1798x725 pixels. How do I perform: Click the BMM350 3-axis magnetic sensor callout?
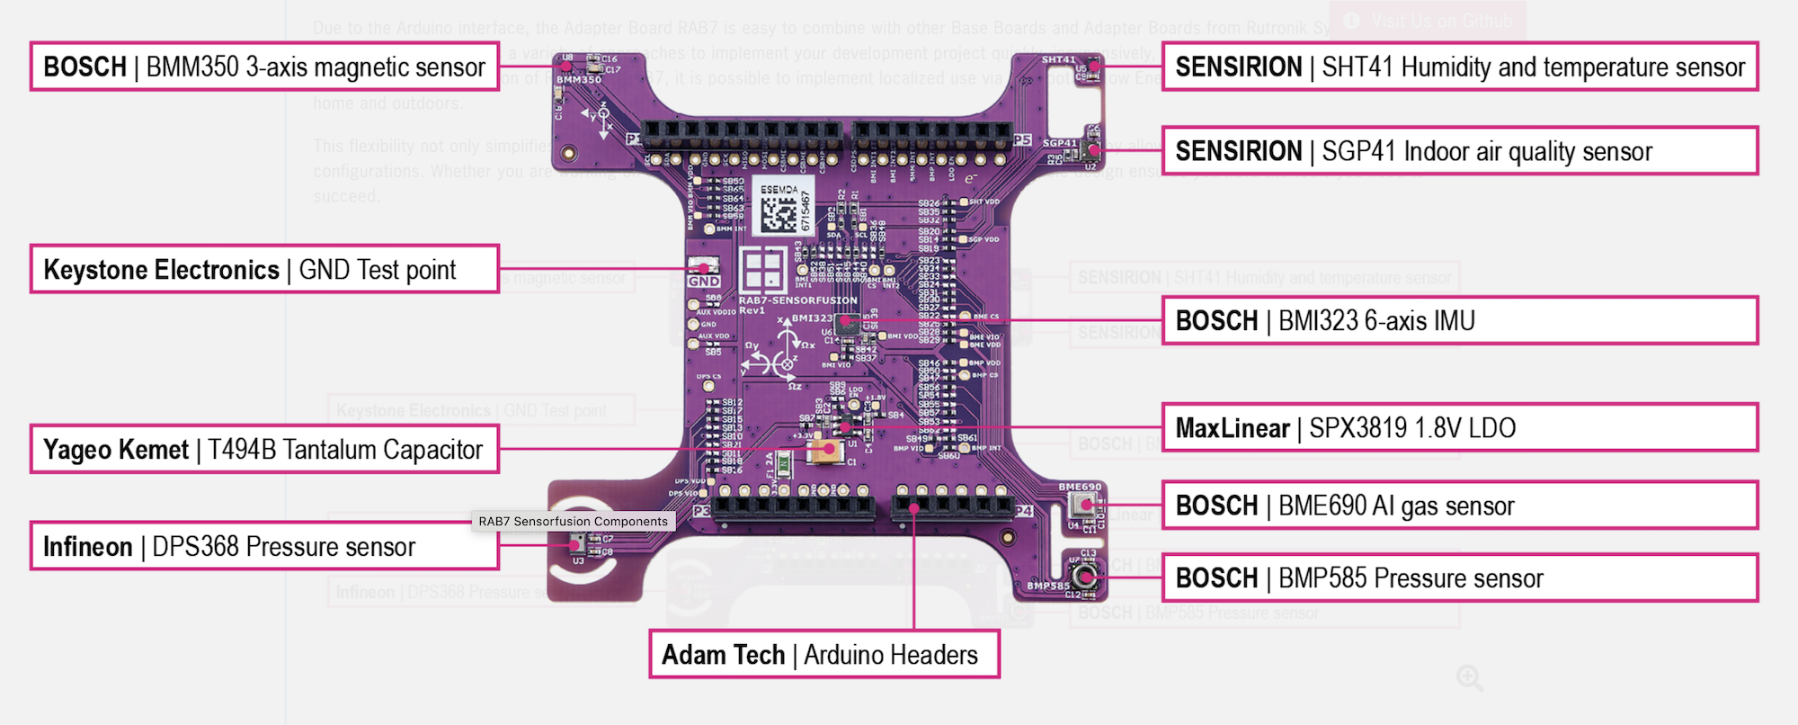click(264, 67)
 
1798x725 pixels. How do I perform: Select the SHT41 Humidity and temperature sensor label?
click(1459, 67)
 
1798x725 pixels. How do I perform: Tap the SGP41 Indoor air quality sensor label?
click(1459, 151)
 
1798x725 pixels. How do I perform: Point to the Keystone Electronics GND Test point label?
click(264, 269)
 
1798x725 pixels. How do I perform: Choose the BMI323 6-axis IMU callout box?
click(1459, 321)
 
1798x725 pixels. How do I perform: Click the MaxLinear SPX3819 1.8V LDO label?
click(1459, 428)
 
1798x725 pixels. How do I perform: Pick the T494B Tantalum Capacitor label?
click(264, 450)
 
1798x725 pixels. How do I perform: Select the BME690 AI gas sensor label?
click(1459, 506)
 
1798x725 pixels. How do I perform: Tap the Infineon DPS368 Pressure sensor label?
click(264, 546)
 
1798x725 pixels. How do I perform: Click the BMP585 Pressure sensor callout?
click(1459, 578)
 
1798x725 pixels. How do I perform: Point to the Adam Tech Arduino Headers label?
click(823, 655)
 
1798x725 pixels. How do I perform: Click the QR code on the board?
click(779, 213)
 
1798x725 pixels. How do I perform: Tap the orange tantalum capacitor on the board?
click(826, 449)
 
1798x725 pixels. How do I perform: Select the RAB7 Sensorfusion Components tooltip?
click(573, 522)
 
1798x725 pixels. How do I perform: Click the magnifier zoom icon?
click(1469, 678)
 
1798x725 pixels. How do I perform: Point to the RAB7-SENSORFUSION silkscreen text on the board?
click(797, 300)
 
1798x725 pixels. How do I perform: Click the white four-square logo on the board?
click(762, 269)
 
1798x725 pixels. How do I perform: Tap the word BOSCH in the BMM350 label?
click(85, 67)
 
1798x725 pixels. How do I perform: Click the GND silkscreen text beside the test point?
click(704, 282)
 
